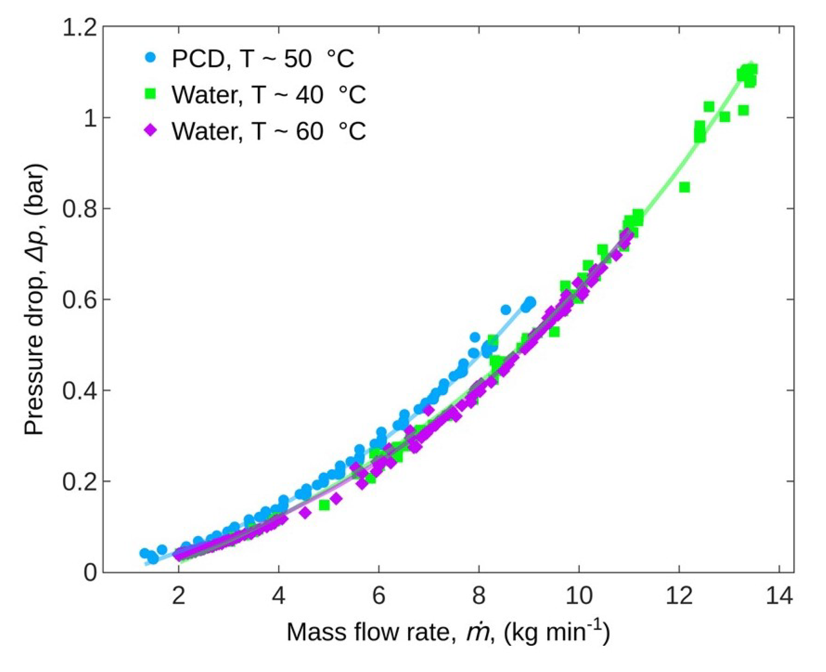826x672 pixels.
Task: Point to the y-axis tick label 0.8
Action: click(x=79, y=209)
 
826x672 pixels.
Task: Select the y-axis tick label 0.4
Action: click(x=79, y=391)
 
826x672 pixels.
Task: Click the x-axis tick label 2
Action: click(x=178, y=597)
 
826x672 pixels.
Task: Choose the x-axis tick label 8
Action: click(x=479, y=597)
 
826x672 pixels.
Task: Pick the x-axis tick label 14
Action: click(x=779, y=597)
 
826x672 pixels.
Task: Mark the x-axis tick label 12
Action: click(x=679, y=597)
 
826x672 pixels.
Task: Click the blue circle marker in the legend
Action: click(x=151, y=57)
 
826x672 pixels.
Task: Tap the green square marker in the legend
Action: click(x=151, y=94)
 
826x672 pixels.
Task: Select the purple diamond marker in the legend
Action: click(x=151, y=131)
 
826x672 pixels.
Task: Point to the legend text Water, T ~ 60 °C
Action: click(x=269, y=131)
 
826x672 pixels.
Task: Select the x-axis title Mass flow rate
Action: click(x=448, y=632)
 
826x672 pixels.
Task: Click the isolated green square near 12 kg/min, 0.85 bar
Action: click(x=684, y=187)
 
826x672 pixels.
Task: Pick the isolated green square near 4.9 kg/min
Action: click(x=324, y=505)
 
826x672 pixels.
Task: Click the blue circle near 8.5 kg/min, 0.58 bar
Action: click(x=506, y=309)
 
